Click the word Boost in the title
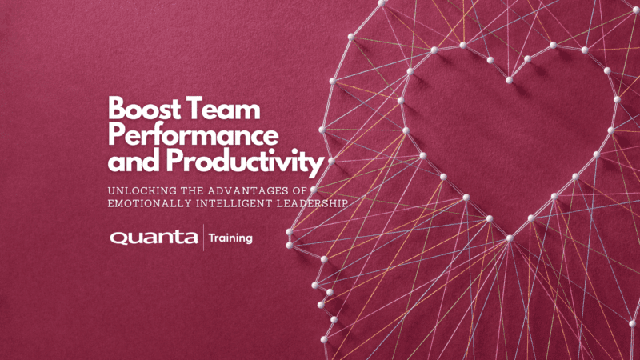(x=144, y=109)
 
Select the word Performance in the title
(x=193, y=135)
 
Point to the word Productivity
(x=245, y=162)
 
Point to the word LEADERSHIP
(x=312, y=203)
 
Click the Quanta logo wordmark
(x=154, y=238)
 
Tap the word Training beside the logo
(x=230, y=238)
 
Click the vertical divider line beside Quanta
(x=204, y=237)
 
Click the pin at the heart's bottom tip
(x=510, y=238)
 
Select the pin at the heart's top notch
(x=510, y=81)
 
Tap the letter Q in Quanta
(x=118, y=238)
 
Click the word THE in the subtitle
(x=192, y=190)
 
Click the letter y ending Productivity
(x=317, y=166)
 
